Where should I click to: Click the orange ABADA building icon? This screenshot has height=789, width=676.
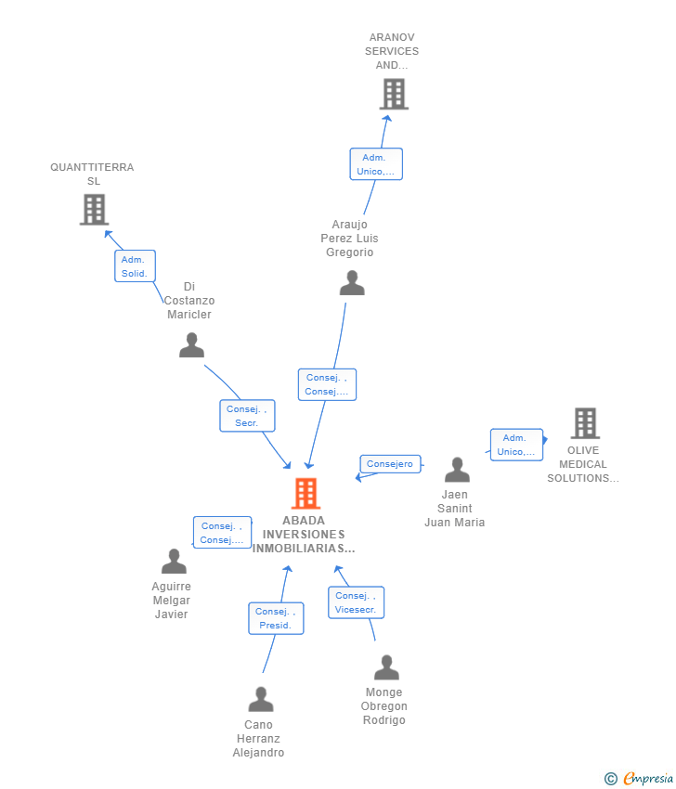(x=305, y=494)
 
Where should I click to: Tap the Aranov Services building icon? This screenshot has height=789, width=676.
(x=394, y=94)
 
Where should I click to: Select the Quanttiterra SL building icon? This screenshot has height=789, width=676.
(x=94, y=210)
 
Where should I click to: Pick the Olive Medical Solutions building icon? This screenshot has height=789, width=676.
(x=585, y=423)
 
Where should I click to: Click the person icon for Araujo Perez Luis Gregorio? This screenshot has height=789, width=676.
(x=352, y=282)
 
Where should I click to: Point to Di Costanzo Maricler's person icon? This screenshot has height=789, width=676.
(x=191, y=345)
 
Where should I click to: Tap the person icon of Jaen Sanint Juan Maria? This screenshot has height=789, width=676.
(x=456, y=470)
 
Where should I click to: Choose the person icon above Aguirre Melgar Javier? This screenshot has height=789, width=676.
(x=174, y=561)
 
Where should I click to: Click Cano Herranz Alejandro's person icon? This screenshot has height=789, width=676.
(x=261, y=699)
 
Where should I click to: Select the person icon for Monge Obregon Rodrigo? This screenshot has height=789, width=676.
(x=386, y=667)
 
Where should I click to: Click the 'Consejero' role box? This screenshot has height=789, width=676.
(x=390, y=464)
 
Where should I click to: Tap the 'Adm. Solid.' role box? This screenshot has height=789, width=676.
(x=135, y=266)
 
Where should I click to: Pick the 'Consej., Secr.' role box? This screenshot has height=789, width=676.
(x=247, y=416)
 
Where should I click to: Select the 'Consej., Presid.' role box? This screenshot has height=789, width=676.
(x=276, y=618)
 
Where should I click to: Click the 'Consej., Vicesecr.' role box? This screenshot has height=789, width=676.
(x=356, y=602)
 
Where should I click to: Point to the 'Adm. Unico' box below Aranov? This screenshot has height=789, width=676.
(x=376, y=164)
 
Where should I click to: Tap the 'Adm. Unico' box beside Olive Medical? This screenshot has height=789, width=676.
(x=516, y=445)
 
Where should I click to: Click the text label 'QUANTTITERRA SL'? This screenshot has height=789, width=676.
(x=92, y=174)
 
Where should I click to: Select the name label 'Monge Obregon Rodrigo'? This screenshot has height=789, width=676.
(x=384, y=706)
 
